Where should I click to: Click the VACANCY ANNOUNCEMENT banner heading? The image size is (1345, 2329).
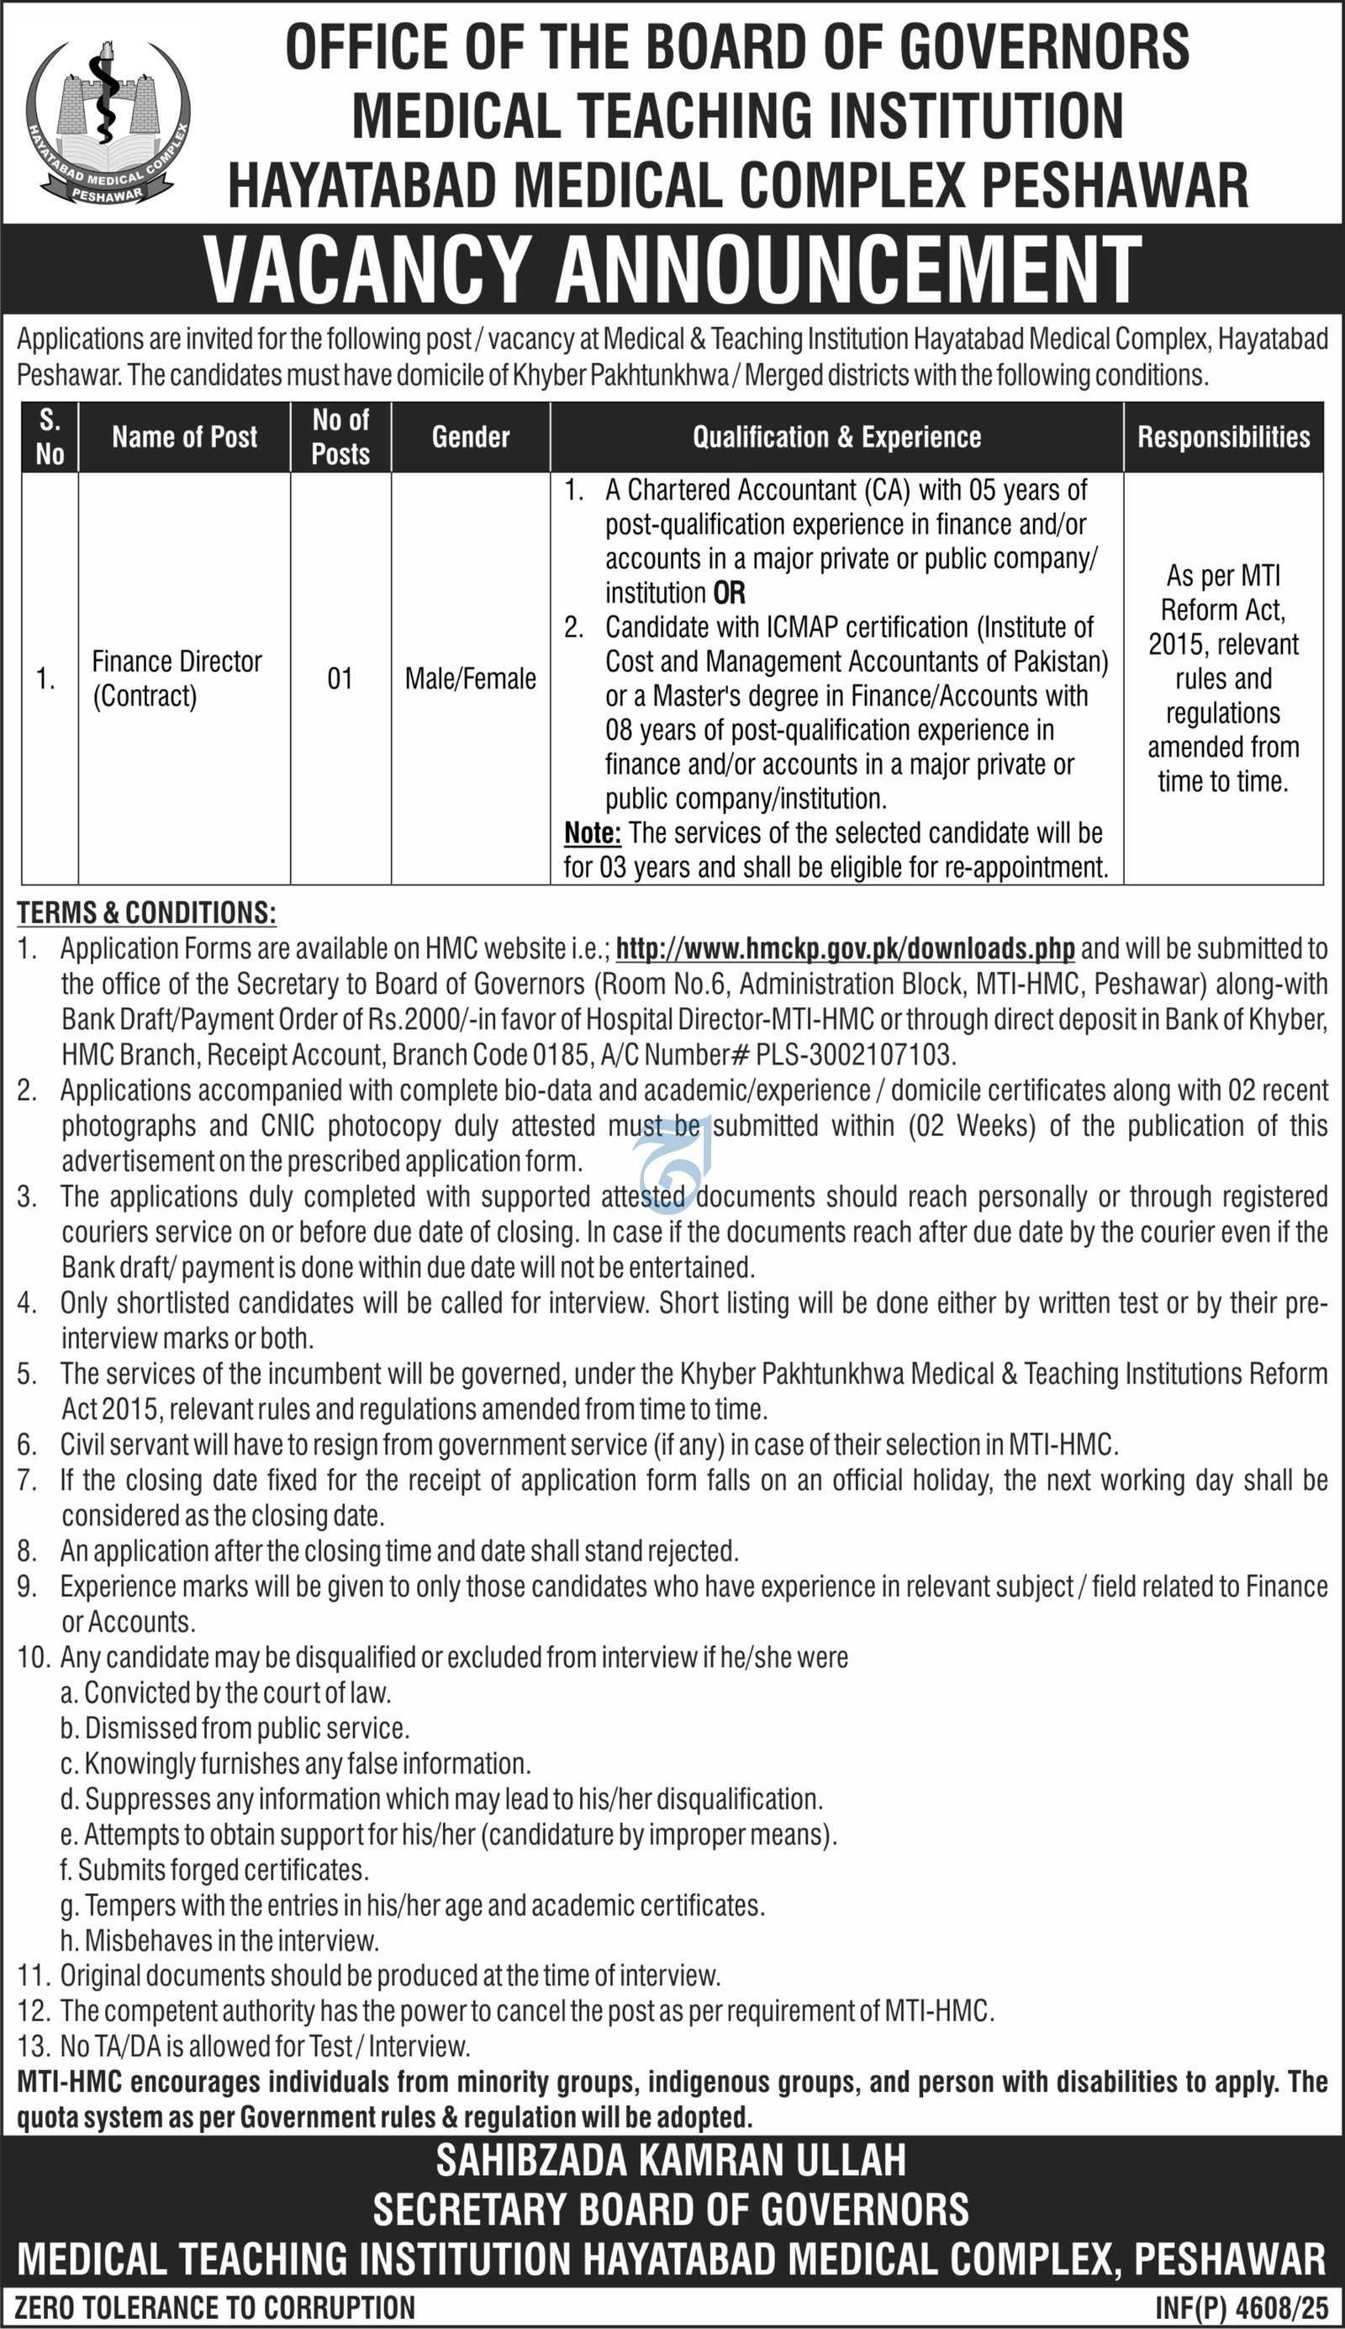pos(672,270)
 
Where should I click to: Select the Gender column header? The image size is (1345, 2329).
pos(470,437)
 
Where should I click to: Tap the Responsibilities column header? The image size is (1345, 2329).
pos(1223,437)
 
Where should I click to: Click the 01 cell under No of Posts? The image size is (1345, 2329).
pos(340,679)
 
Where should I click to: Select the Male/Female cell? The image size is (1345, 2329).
pos(470,679)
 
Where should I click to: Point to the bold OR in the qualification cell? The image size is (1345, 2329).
pos(729,593)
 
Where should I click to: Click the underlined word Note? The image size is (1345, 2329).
pos(592,833)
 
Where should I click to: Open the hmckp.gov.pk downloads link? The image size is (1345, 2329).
pos(844,948)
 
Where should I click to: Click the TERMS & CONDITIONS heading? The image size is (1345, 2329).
pos(146,913)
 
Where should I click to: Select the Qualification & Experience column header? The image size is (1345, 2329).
pos(836,437)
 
